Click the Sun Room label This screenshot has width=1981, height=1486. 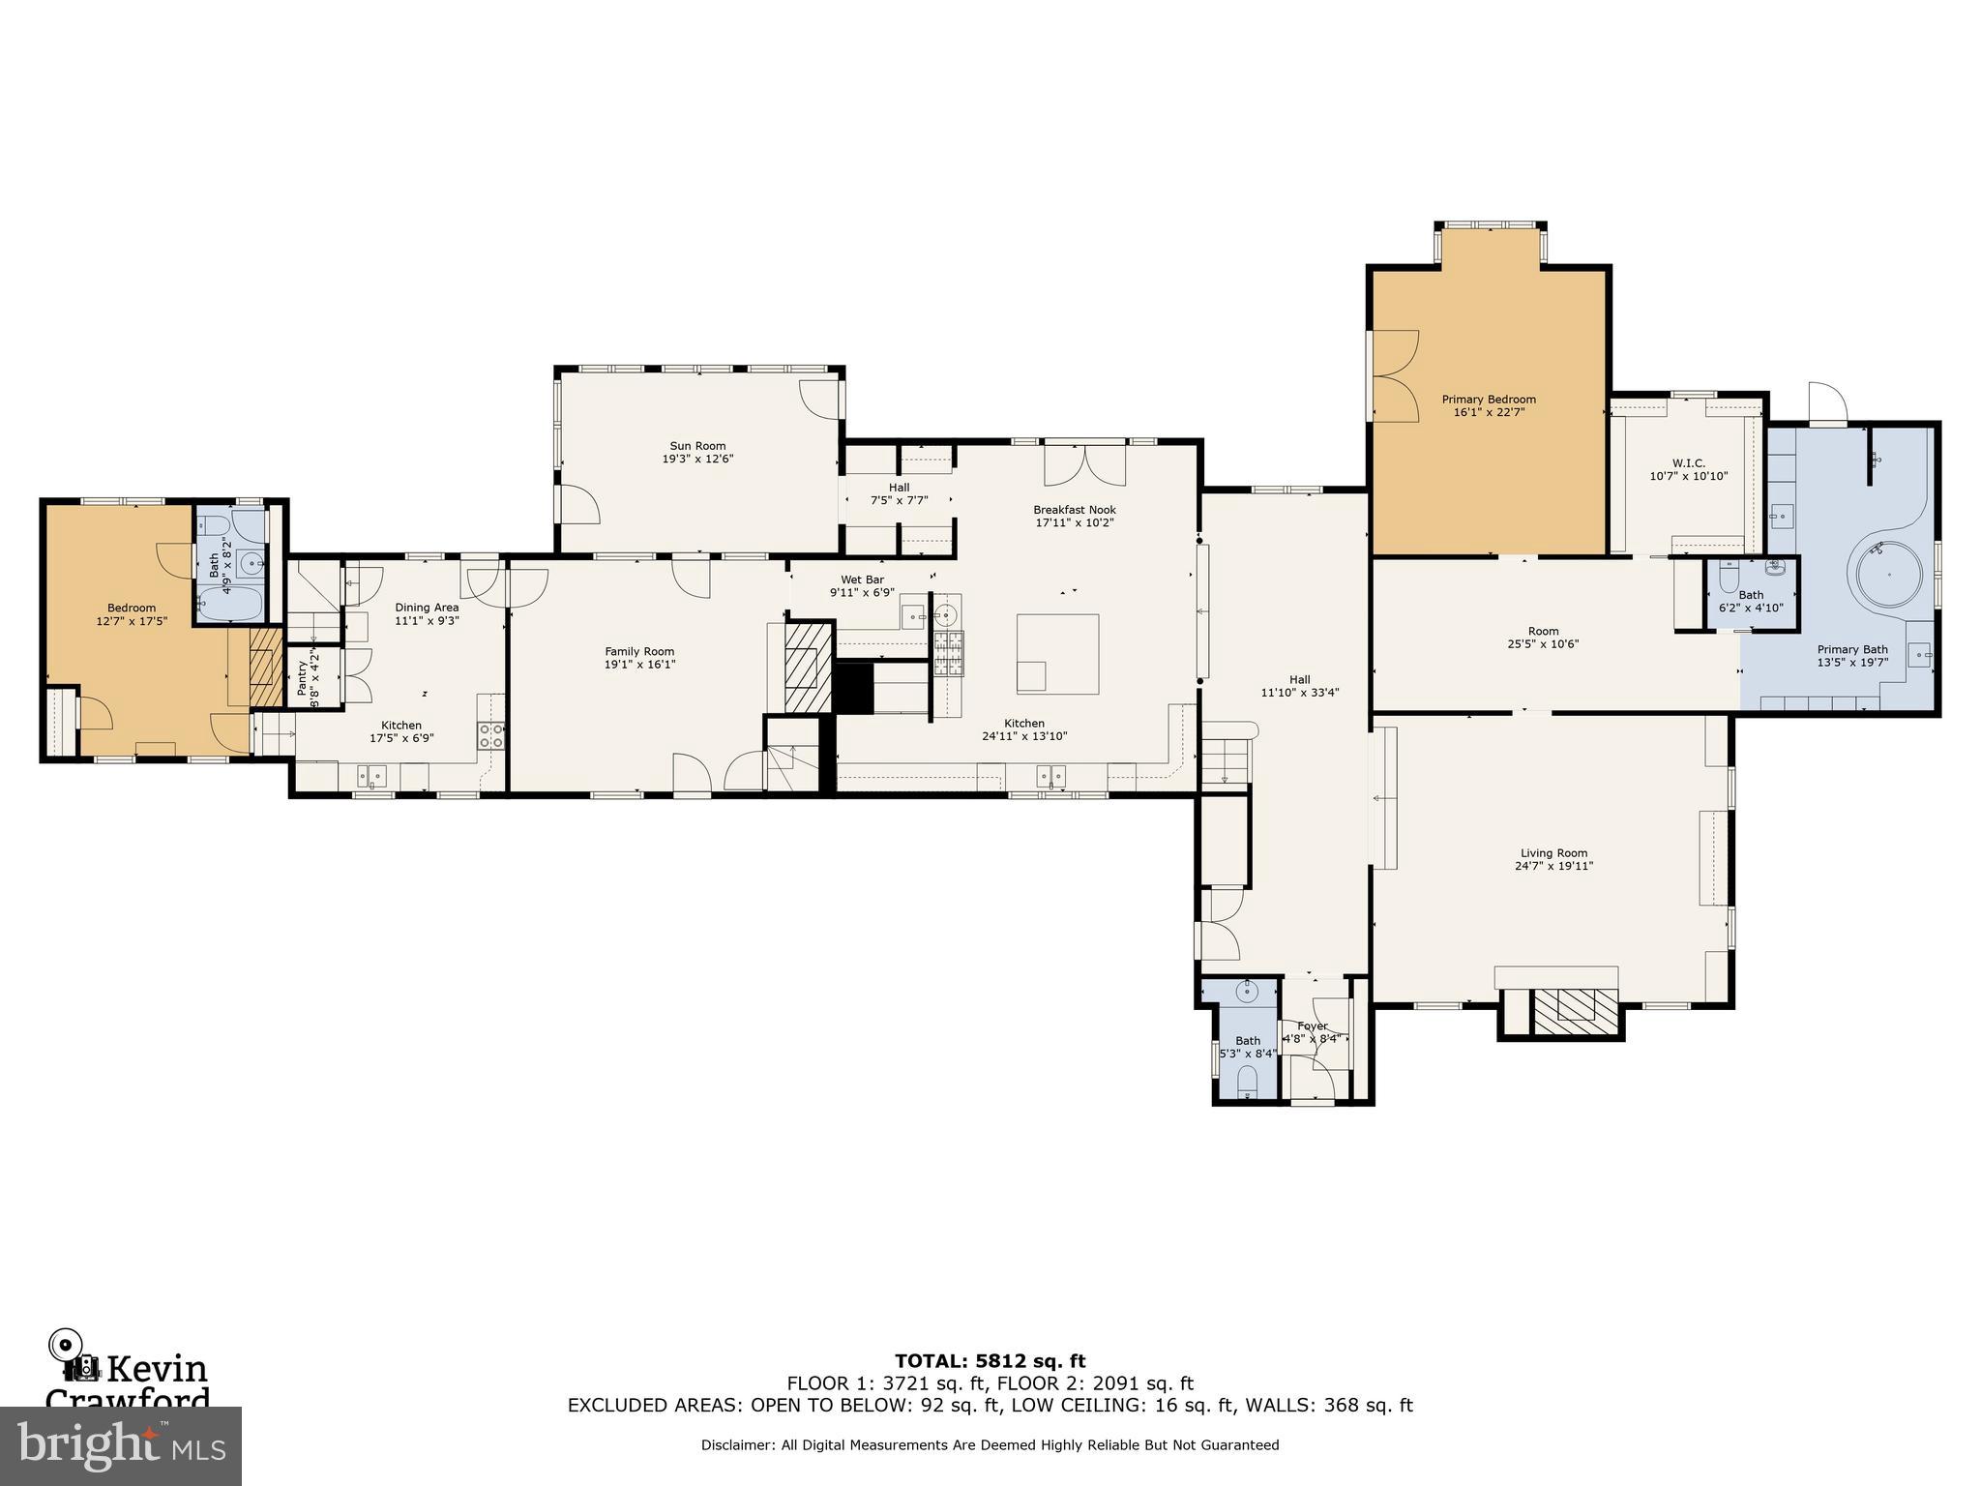point(697,446)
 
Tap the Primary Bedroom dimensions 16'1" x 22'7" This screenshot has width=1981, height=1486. point(1489,412)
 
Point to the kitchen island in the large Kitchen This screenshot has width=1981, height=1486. point(1057,654)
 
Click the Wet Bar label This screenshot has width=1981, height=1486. point(862,580)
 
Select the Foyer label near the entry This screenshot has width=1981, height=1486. point(1313,1026)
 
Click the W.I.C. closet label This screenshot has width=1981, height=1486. point(1688,462)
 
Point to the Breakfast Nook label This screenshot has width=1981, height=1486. point(1075,510)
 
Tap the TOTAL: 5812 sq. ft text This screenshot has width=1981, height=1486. point(990,1361)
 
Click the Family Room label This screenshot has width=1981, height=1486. point(639,651)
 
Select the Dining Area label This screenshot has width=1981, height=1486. point(427,608)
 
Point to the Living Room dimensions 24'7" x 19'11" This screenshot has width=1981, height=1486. point(1553,866)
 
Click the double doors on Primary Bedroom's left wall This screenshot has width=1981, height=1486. point(1393,375)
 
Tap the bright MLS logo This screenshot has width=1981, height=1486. point(120,1445)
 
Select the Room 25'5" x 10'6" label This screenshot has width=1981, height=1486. point(1543,631)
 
